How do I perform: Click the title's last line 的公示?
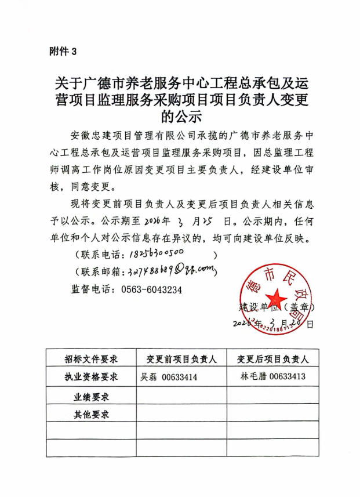click(180, 117)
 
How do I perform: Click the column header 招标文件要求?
click(91, 359)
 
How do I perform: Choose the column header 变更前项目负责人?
click(181, 359)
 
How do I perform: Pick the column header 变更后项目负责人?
click(272, 359)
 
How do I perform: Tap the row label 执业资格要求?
click(91, 377)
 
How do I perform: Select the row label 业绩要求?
click(91, 397)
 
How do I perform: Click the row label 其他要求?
click(91, 415)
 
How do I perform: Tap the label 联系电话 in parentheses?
click(101, 255)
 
